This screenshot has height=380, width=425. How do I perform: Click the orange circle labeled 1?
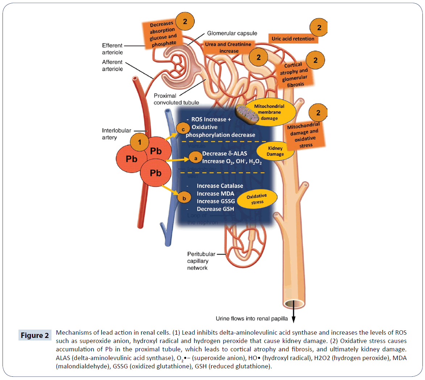tap(140, 142)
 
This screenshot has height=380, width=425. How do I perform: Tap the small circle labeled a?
tap(196, 158)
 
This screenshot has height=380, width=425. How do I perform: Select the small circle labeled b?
tap(184, 198)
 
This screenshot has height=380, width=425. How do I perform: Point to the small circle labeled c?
tap(183, 129)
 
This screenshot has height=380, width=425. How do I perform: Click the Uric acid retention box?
tap(293, 39)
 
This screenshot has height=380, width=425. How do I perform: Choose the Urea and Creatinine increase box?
tap(228, 47)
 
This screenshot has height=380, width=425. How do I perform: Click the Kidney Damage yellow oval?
tap(275, 151)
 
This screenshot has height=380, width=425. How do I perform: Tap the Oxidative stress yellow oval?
tap(257, 199)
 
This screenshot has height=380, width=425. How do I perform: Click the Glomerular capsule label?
tap(232, 33)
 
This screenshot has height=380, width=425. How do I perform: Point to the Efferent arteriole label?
tap(112, 49)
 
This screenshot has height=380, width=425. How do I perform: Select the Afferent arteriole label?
tap(112, 65)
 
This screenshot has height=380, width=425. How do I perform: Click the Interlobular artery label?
tap(116, 134)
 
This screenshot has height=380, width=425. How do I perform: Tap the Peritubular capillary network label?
tap(201, 261)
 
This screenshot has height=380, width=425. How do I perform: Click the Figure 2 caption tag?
tap(34, 335)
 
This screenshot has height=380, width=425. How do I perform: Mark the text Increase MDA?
tap(215, 194)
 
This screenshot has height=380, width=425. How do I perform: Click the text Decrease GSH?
tap(215, 209)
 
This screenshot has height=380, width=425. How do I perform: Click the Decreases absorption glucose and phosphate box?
tap(163, 34)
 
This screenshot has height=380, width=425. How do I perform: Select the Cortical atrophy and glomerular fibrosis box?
tap(294, 75)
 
